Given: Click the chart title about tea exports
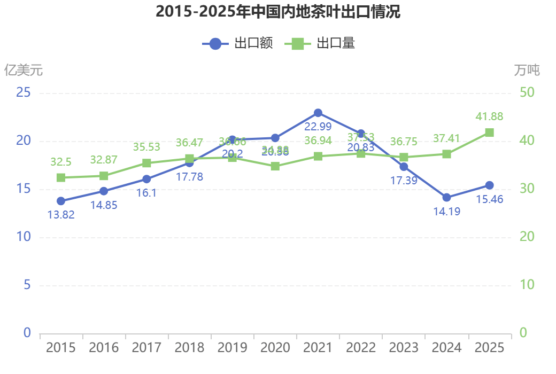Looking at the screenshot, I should tap(278, 12).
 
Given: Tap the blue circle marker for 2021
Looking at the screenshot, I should tap(318, 113).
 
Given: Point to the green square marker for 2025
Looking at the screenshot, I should tap(489, 133).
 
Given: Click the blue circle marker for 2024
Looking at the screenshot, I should tap(446, 198).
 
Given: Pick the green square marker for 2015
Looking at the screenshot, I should tap(61, 178).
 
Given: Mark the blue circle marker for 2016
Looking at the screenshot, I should tap(104, 191).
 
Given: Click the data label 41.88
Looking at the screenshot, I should tap(489, 116).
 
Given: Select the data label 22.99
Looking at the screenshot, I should tap(318, 127).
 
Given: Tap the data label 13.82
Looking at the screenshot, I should tap(61, 215).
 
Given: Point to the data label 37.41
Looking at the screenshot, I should tap(446, 138).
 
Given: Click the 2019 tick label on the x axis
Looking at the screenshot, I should tap(232, 348).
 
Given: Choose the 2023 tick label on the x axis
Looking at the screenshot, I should tap(404, 348).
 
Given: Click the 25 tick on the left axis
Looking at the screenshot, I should tap(23, 93).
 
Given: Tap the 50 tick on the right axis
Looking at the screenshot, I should tap(527, 93).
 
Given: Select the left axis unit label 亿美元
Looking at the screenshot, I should tap(23, 70).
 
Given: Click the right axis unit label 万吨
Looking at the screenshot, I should tap(527, 70).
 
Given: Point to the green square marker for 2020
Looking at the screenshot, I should tap(275, 166).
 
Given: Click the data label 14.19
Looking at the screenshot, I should tap(446, 211).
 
